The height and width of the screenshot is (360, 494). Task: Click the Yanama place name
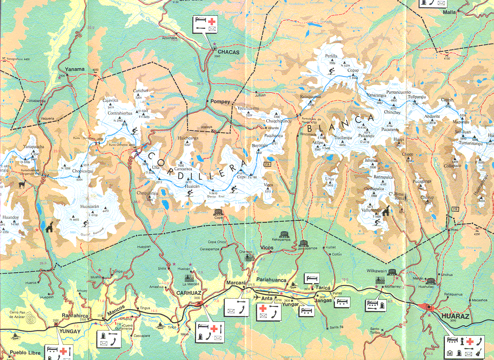(75, 69)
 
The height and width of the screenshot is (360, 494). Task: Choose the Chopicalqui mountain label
(83, 171)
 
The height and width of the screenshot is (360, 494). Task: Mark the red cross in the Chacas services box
(210, 21)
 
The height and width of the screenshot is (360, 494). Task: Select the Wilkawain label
(376, 270)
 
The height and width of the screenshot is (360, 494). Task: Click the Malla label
(449, 12)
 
